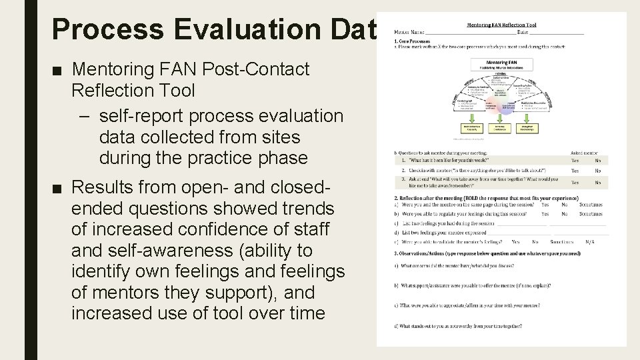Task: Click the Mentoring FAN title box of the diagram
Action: click(x=500, y=65)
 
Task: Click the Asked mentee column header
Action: click(x=585, y=153)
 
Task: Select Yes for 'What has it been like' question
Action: click(x=575, y=161)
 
